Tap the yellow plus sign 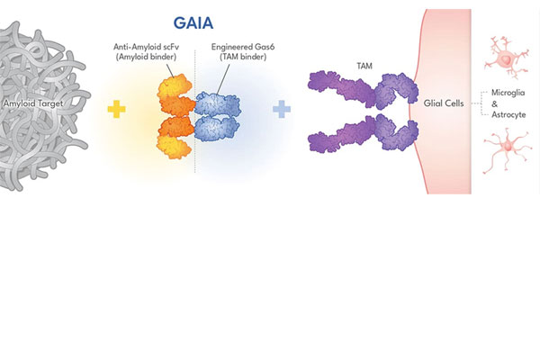tap(115, 109)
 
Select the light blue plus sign tap(282, 109)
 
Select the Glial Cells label tap(443, 103)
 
